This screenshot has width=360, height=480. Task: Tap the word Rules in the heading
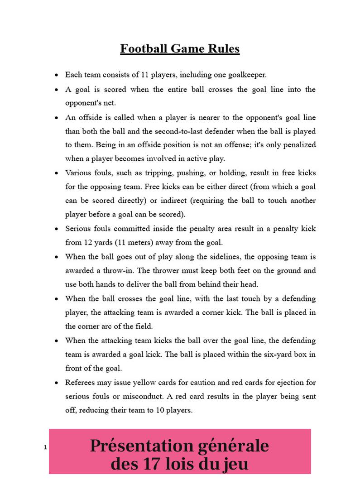pos(224,49)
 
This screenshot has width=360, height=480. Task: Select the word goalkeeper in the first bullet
pos(249,75)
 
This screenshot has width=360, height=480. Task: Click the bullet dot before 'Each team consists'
pos(56,75)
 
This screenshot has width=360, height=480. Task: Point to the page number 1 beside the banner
pos(45,447)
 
